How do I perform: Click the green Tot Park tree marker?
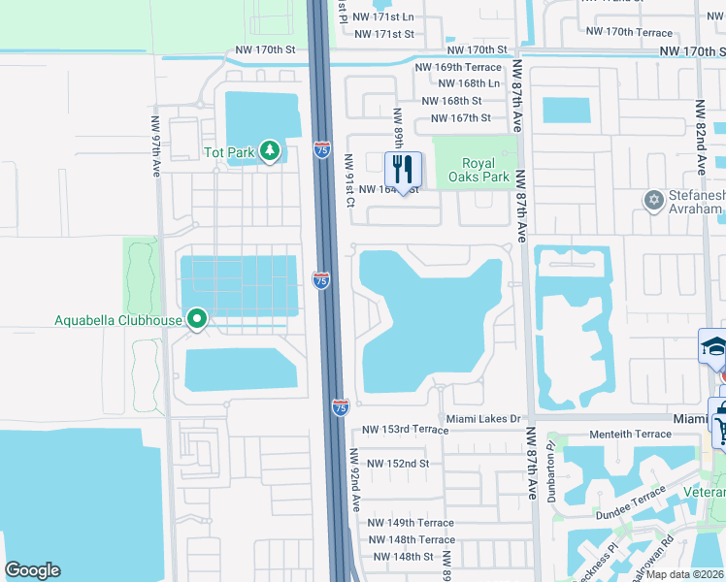[270, 151]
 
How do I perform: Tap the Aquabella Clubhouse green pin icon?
[197, 318]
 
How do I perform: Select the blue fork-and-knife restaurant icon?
[401, 170]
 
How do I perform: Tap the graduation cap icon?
[713, 346]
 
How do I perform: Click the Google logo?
[32, 570]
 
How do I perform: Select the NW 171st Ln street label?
[382, 17]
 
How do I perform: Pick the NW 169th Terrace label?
[458, 67]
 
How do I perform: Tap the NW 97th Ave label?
[155, 146]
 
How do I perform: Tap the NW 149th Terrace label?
[411, 523]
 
